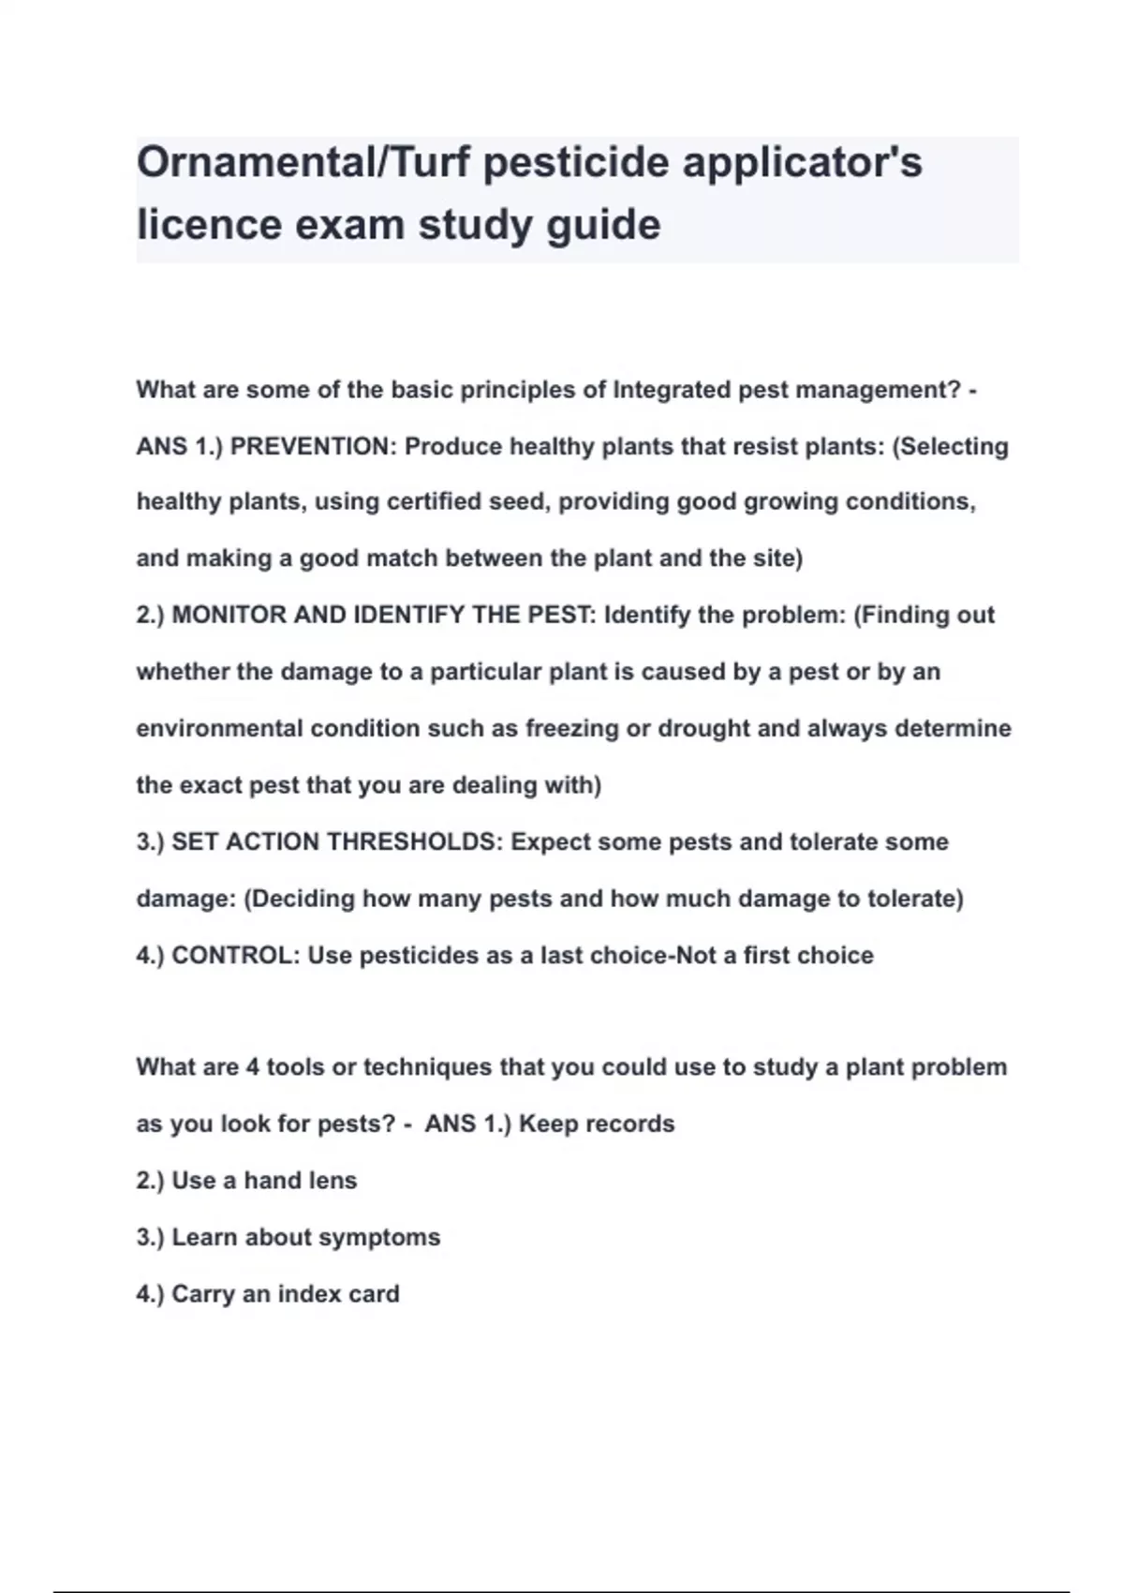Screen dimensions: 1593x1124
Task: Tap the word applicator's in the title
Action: tap(802, 163)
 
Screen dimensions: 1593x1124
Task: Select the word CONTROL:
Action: tap(235, 956)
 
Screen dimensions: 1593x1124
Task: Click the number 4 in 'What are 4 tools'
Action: tap(252, 1067)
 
